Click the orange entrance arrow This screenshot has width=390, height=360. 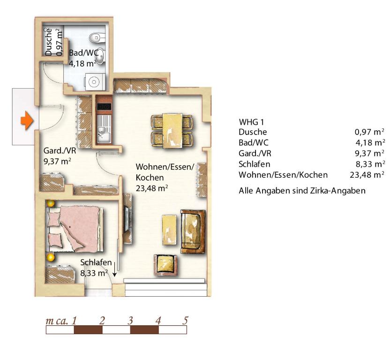tap(27, 121)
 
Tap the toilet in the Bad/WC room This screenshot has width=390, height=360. tap(96, 37)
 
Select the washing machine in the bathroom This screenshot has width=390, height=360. tap(94, 82)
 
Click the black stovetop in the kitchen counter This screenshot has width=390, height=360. tap(104, 107)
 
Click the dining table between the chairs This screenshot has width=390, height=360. tap(172, 131)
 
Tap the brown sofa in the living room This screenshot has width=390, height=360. tap(193, 232)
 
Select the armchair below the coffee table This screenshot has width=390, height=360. tap(165, 265)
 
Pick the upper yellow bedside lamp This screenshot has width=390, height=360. tap(51, 203)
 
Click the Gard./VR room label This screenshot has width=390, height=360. tap(60, 151)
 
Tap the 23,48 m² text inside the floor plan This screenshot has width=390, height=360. tap(152, 188)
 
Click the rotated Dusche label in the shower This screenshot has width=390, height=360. tap(49, 42)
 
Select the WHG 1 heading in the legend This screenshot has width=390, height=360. tap(251, 122)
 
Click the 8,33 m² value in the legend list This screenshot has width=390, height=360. tap(370, 164)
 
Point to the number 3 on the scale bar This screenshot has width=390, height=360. tap(130, 321)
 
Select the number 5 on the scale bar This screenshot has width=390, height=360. tap(185, 321)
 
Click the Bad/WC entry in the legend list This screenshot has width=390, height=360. tap(254, 142)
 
